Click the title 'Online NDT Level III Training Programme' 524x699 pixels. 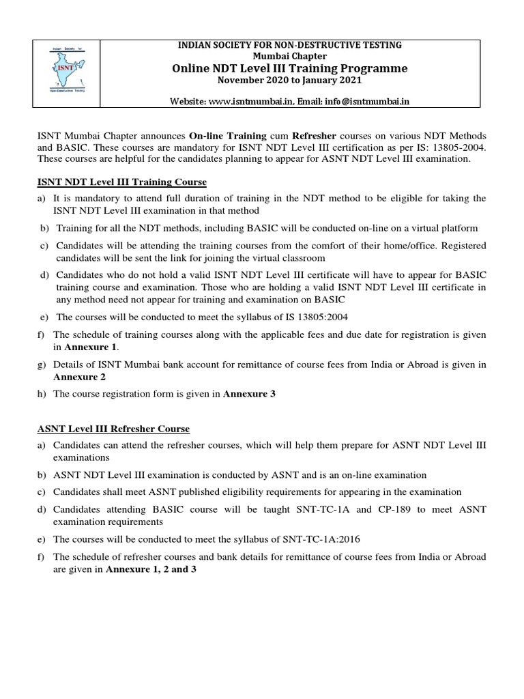[x=291, y=68]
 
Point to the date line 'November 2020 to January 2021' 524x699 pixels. [x=291, y=81]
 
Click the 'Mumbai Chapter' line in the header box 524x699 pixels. [x=291, y=56]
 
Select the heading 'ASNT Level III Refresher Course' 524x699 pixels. [x=113, y=429]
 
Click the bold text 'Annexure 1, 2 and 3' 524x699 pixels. [x=151, y=569]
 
